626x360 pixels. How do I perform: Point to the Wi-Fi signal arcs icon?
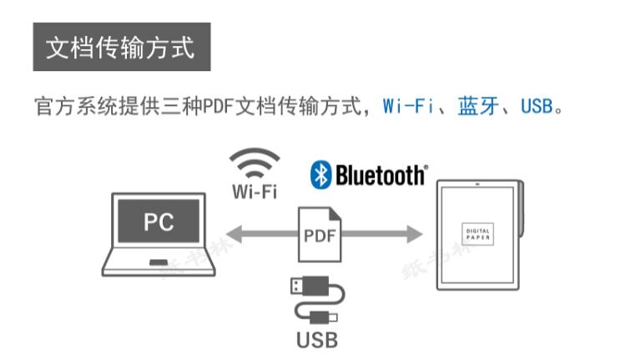pyautogui.click(x=255, y=162)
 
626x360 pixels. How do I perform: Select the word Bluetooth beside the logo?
pyautogui.click(x=380, y=175)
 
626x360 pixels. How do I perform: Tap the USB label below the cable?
pyautogui.click(x=317, y=341)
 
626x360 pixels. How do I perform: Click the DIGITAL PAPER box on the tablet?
pyautogui.click(x=478, y=233)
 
